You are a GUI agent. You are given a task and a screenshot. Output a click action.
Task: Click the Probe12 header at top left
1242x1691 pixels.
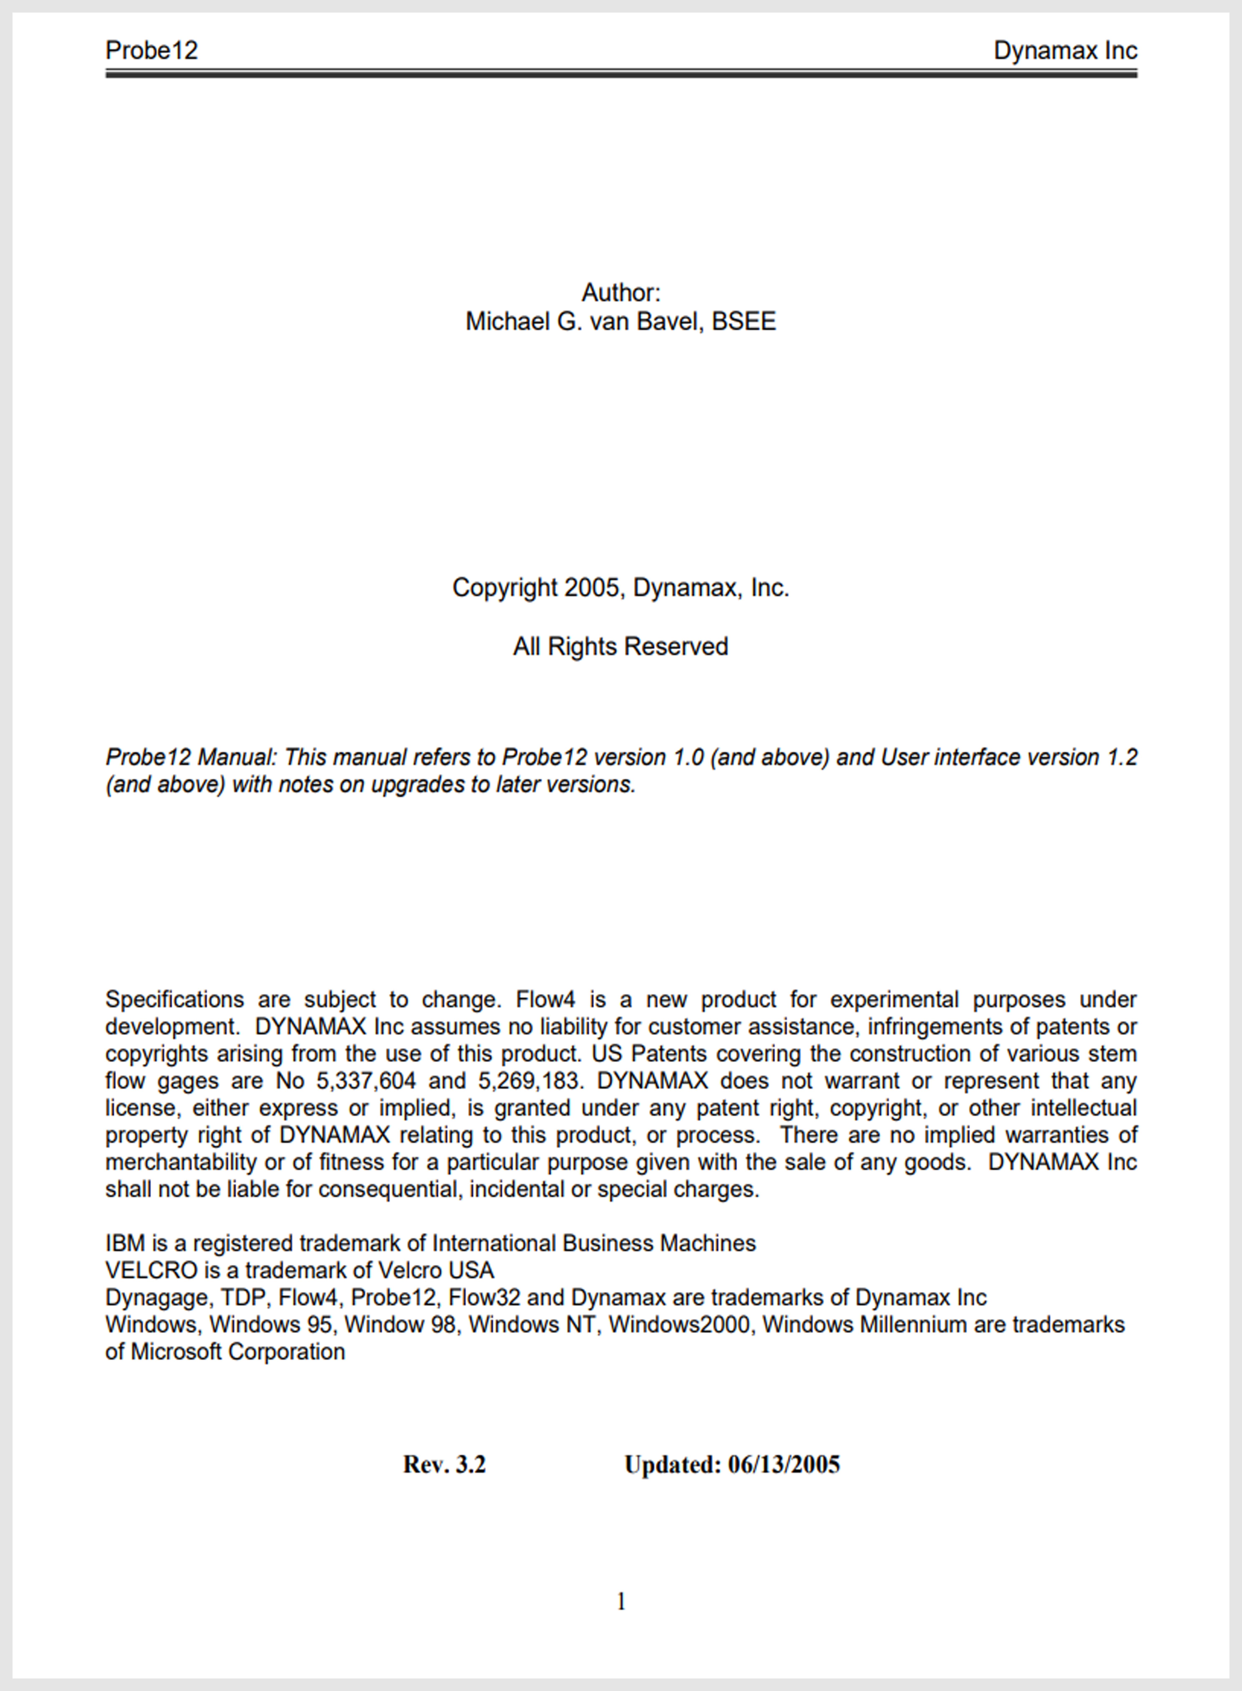tap(151, 50)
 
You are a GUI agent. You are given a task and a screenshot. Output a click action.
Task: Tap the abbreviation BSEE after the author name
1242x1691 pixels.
tap(744, 321)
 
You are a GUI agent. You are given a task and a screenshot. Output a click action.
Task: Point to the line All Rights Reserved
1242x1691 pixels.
tap(620, 647)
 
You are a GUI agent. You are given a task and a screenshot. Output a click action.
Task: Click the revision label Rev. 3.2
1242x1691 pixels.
tap(444, 1465)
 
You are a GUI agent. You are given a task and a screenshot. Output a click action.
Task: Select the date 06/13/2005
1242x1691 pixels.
tap(783, 1465)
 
